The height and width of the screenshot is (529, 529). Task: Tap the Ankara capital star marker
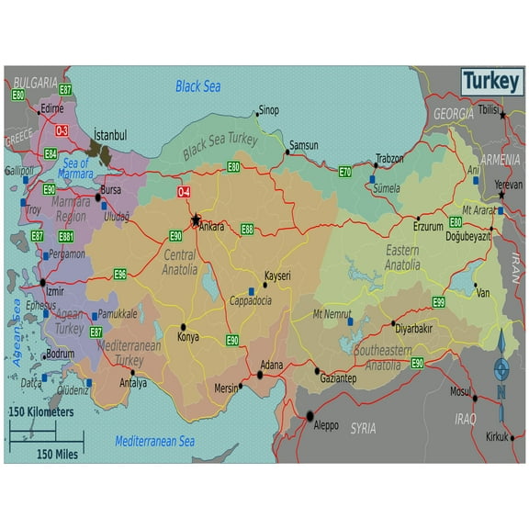tap(196, 220)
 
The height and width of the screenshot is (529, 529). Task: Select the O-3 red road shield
tap(62, 130)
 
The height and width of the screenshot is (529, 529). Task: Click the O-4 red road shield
tap(184, 192)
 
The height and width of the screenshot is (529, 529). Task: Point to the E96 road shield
tap(120, 274)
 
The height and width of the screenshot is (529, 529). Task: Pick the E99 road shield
tap(438, 302)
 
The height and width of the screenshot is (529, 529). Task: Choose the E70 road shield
tap(344, 172)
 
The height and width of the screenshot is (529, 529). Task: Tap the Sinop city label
tap(268, 110)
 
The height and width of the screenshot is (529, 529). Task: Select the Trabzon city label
tap(389, 158)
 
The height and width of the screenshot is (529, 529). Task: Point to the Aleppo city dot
tap(310, 415)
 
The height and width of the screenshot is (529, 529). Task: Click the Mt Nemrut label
tap(332, 314)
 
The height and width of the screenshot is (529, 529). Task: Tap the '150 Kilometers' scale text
tap(40, 412)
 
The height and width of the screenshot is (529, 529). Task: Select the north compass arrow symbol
tap(501, 368)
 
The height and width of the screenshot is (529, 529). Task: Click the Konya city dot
tap(184, 326)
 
